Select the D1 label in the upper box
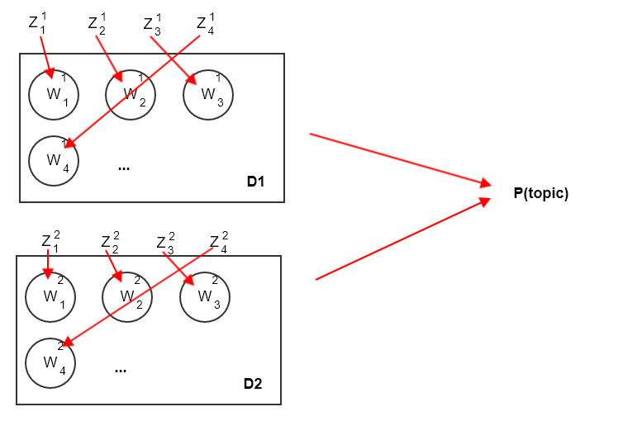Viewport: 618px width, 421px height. click(255, 182)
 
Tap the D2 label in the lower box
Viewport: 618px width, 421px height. click(253, 384)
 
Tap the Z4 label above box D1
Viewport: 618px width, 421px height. click(205, 23)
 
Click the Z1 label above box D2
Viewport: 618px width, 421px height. click(50, 241)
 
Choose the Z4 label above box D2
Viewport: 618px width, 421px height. click(219, 241)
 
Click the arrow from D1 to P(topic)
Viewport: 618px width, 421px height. click(397, 158)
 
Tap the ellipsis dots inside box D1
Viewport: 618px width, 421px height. click(124, 168)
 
